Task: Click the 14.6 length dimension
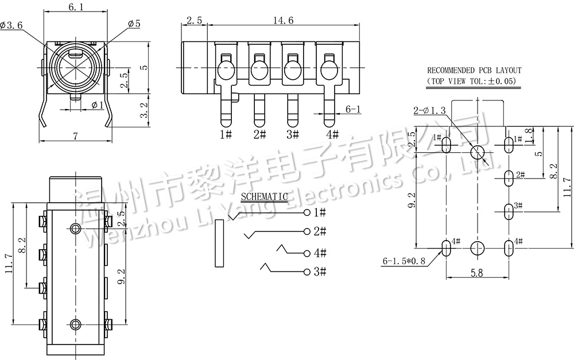284,20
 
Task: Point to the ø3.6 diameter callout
11,25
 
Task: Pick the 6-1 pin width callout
353,109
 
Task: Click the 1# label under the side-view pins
226,134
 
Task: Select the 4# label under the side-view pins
332,134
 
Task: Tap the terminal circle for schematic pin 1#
308,213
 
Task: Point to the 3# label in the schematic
320,272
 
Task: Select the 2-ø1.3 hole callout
429,110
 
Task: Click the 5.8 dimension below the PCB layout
477,274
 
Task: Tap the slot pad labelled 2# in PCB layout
508,178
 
